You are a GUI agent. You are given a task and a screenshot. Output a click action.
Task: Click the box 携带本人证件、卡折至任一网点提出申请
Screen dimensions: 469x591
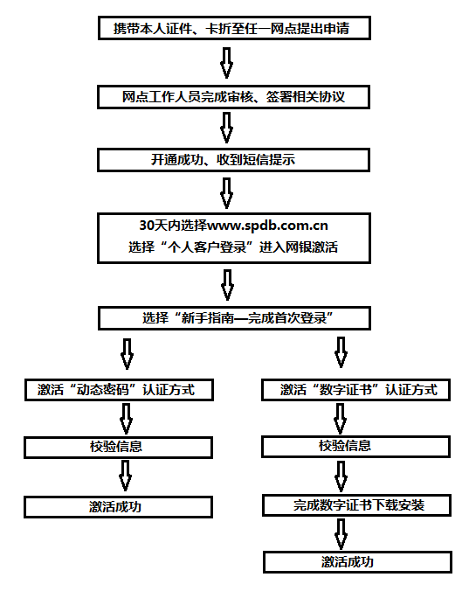[234, 28]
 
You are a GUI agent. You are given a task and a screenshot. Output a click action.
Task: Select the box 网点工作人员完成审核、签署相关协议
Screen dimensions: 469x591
[233, 97]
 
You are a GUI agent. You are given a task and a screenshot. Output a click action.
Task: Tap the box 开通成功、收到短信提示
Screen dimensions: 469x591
[233, 160]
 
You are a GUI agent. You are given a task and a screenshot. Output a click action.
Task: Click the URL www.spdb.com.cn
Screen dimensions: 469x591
[267, 226]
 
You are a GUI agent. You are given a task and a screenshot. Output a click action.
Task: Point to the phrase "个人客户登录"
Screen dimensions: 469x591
[207, 247]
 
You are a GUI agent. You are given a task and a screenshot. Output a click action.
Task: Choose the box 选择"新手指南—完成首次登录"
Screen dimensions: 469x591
[234, 318]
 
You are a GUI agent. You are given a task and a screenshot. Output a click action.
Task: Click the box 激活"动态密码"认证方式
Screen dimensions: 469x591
[119, 390]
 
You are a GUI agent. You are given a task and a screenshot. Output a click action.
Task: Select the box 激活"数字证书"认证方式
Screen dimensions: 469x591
[355, 390]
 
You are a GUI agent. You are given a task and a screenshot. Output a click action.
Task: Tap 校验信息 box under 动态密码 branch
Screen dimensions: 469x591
[118, 448]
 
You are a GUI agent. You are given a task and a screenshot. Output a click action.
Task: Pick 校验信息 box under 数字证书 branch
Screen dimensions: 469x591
[355, 447]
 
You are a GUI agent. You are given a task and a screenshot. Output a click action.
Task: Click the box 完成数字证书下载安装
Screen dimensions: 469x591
[356, 505]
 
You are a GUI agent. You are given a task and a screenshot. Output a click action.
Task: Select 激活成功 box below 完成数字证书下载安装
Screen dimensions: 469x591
[357, 562]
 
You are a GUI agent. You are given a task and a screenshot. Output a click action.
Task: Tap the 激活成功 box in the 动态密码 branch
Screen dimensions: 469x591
[118, 507]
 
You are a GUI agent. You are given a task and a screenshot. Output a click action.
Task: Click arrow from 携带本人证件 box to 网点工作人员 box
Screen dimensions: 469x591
[226, 63]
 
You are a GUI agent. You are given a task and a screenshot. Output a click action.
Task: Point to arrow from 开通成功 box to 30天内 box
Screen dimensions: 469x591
[226, 193]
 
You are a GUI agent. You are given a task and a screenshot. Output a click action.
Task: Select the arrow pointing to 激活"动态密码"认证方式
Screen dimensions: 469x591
[127, 354]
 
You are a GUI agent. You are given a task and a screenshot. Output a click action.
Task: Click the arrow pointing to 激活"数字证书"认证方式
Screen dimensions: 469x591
[341, 352]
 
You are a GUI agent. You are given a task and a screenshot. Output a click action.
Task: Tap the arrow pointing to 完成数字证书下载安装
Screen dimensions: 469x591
[341, 476]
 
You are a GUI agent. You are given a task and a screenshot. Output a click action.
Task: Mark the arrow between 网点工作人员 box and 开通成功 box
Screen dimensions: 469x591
[226, 128]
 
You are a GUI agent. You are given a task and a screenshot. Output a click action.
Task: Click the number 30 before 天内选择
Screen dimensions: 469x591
[147, 226]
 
